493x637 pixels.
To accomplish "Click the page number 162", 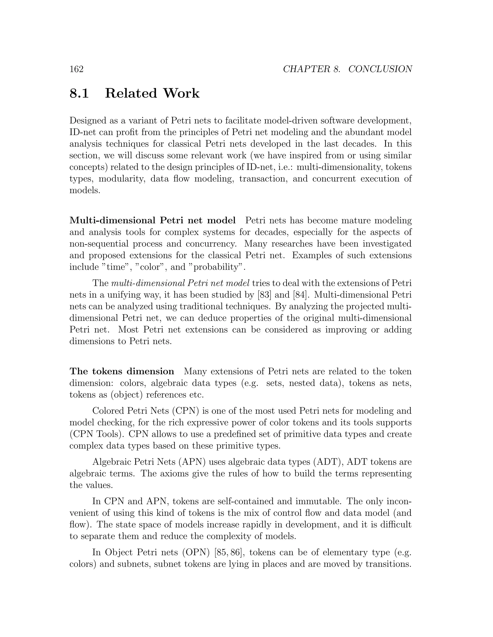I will pyautogui.click(x=77, y=69).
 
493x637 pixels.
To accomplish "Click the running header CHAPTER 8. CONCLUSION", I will pyautogui.click(x=347, y=69).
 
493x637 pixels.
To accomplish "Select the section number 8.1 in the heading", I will pyautogui.click(x=79, y=93).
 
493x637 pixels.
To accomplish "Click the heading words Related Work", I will pyautogui.click(x=152, y=93).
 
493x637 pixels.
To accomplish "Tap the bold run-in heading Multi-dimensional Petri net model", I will pyautogui.click(x=152, y=220).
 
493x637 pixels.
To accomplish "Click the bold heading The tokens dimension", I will pyautogui.click(x=122, y=371).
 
